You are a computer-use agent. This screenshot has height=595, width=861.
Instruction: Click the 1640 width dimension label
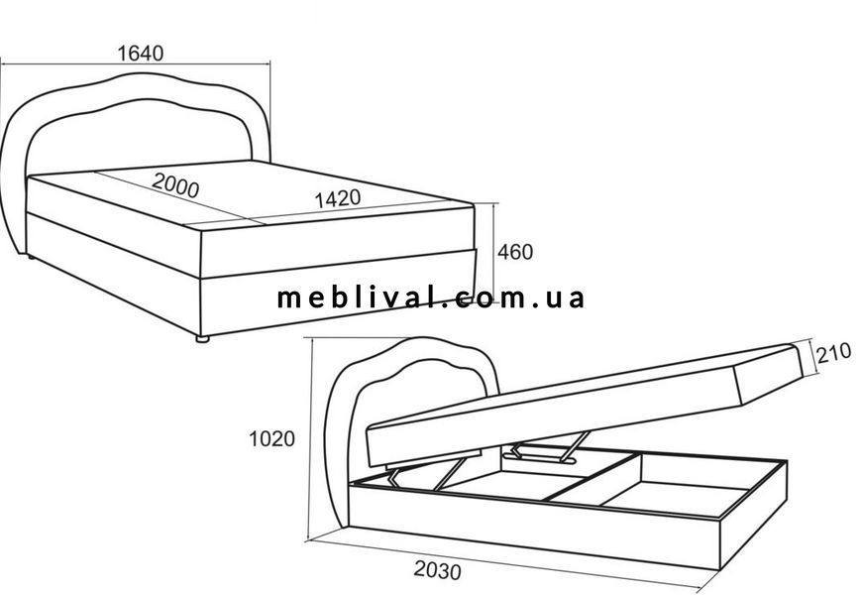(141, 53)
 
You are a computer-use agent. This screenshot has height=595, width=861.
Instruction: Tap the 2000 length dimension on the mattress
(175, 185)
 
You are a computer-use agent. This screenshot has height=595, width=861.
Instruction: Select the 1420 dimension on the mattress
(337, 198)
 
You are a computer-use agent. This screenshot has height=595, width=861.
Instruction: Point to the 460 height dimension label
(515, 252)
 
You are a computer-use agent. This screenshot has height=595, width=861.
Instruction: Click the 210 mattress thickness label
(833, 353)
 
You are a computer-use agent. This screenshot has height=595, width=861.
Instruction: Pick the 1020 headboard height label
(271, 439)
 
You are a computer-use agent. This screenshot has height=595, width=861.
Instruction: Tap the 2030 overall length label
(437, 570)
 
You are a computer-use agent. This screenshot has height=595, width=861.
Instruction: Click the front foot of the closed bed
(203, 339)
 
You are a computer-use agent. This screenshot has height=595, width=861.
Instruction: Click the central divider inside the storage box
(593, 476)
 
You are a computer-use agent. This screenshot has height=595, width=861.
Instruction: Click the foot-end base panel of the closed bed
(337, 296)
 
